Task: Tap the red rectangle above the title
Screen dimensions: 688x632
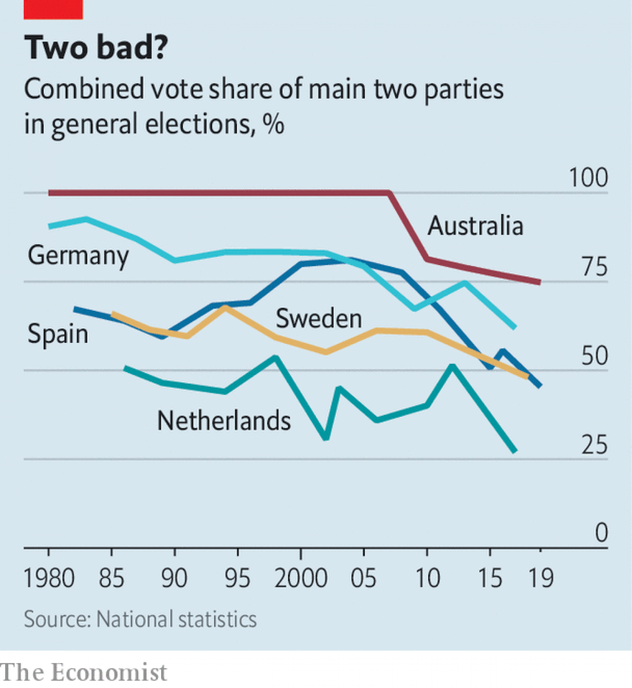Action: (53, 9)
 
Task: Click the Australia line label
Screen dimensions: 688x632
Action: (475, 226)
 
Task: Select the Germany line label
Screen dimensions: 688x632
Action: (78, 256)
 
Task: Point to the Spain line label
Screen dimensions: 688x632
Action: (58, 334)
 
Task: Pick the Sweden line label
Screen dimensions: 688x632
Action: (319, 319)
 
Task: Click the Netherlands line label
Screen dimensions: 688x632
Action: (224, 421)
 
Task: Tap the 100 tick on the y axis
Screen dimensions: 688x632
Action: (588, 177)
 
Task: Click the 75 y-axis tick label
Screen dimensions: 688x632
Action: (595, 267)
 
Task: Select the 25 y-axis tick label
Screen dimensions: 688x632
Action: (595, 445)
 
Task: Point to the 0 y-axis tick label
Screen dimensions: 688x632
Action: (601, 533)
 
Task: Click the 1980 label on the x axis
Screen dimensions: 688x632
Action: (49, 578)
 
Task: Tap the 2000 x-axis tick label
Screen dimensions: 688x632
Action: (301, 578)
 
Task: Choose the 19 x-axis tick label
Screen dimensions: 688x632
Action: (540, 578)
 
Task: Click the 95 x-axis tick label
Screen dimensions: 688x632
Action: (237, 578)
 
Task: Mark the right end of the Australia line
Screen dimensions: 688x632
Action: (540, 282)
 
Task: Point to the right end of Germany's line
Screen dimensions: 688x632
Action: (514, 327)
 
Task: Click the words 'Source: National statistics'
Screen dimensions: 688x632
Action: (140, 620)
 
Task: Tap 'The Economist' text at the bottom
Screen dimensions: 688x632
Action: (83, 672)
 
